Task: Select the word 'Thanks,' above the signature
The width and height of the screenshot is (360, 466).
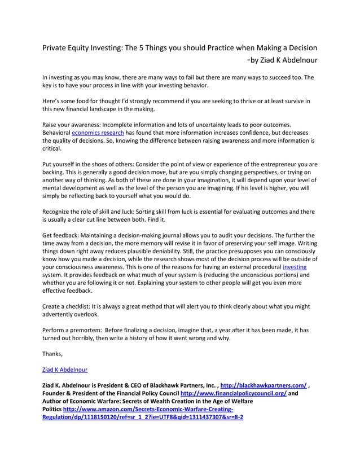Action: pos(52,354)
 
